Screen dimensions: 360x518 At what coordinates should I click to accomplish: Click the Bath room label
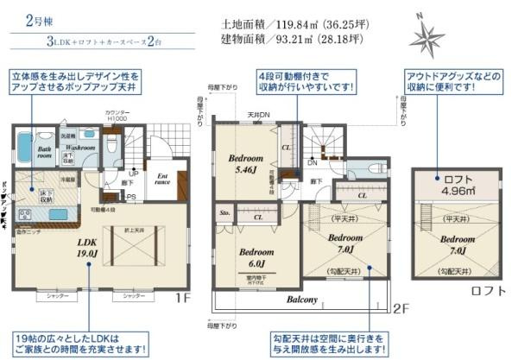click(44, 153)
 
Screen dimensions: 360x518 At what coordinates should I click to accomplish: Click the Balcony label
click(303, 300)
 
